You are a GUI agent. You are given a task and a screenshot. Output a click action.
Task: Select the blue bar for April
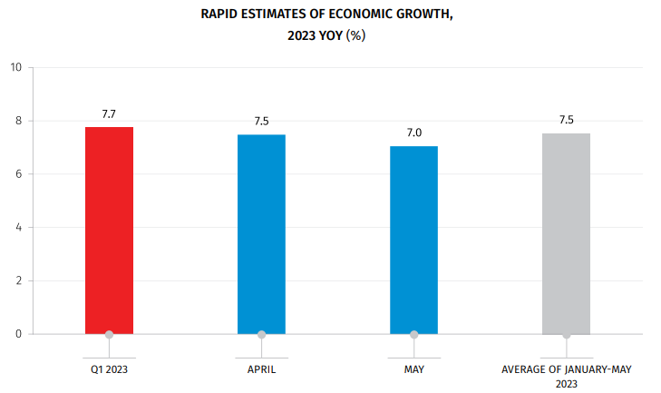click(261, 233)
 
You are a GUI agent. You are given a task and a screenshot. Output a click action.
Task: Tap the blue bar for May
click(413, 240)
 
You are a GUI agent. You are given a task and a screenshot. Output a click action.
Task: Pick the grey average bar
click(566, 233)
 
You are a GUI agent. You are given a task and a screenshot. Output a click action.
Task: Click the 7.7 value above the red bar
click(109, 114)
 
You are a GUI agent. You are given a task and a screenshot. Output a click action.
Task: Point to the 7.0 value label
click(413, 133)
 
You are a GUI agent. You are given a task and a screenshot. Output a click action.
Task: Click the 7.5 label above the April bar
click(261, 122)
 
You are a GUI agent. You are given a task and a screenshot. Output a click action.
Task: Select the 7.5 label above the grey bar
click(566, 120)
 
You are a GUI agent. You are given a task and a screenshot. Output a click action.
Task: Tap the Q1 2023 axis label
click(109, 370)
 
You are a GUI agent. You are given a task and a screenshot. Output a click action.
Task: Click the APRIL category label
click(261, 370)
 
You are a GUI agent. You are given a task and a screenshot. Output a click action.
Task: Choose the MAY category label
click(413, 370)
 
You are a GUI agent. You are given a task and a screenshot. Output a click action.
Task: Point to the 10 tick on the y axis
click(15, 67)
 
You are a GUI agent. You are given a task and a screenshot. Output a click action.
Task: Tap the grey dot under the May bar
click(413, 334)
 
